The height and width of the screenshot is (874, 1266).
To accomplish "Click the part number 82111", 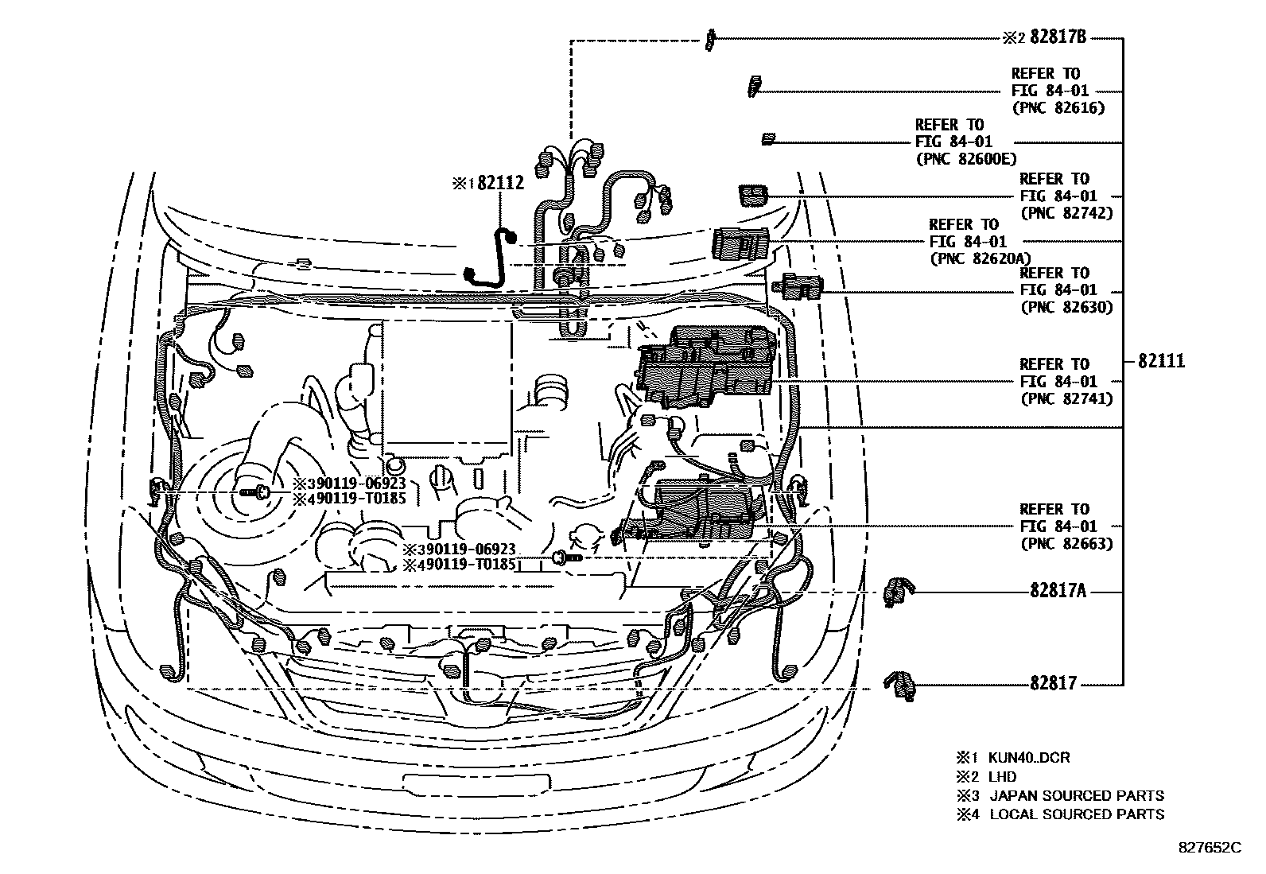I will (1160, 361).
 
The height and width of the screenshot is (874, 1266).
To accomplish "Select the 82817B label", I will (1058, 37).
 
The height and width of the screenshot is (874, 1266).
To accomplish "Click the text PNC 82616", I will (1058, 107).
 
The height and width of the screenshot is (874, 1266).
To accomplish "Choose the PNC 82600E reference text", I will (965, 158).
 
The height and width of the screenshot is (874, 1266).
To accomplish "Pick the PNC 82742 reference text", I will (1066, 212).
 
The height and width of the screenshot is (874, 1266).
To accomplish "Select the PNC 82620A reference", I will (979, 258).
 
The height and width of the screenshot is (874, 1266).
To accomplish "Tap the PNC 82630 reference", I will (1066, 307).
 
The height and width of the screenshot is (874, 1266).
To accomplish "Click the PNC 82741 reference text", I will (1066, 398).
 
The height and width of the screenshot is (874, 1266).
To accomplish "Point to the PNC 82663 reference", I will (1066, 543).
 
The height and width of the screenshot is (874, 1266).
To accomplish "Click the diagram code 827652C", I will (1209, 848).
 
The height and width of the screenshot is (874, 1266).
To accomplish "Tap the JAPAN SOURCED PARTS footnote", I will (1076, 795).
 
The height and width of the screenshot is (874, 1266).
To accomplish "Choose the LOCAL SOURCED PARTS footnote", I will (1076, 814).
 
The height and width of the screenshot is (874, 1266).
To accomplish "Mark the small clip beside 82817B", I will (709, 39).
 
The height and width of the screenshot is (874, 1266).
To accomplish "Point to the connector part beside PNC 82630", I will (799, 286).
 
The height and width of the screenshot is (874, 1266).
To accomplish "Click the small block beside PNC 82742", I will (752, 195).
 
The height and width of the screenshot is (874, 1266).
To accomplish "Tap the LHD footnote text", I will (1002, 776).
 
